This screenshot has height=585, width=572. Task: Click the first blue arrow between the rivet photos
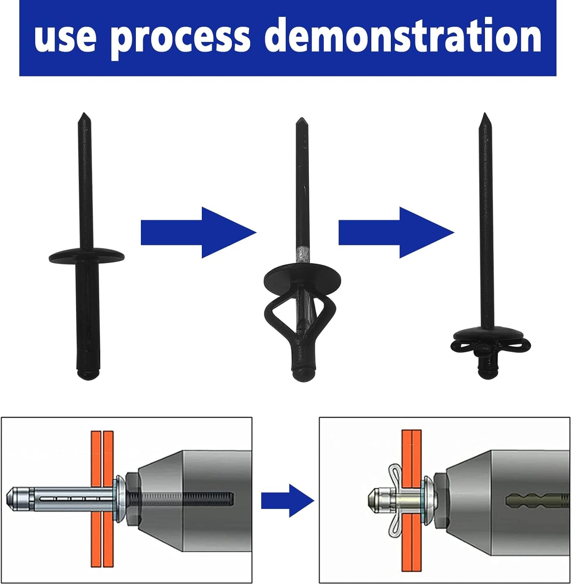(x=198, y=232)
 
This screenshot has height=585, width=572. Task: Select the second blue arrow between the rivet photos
(x=396, y=232)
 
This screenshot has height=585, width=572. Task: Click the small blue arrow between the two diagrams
(x=288, y=500)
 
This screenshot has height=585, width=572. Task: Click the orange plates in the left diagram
(x=102, y=499)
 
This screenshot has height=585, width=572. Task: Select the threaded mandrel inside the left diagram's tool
(x=182, y=498)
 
